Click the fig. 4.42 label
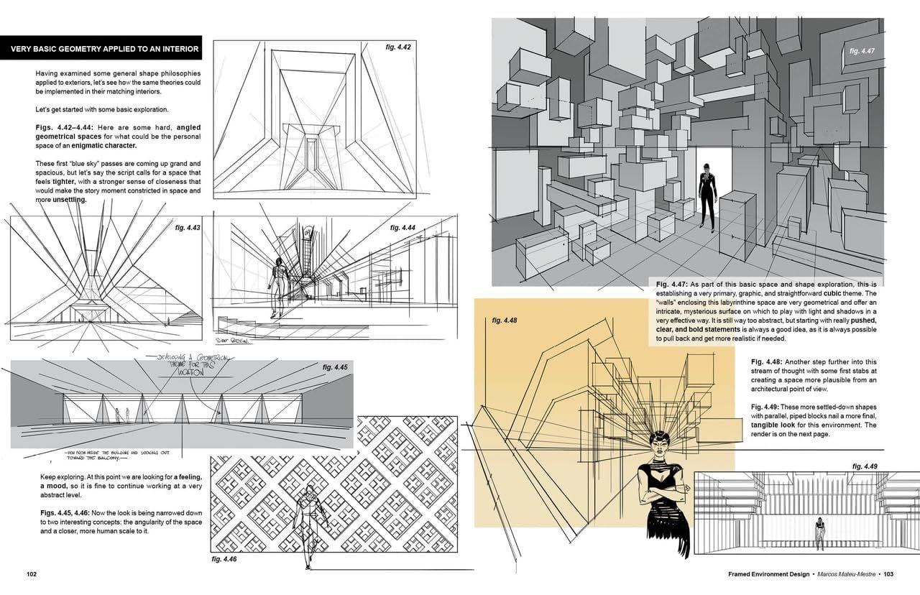(x=398, y=47)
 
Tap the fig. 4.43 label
(x=188, y=228)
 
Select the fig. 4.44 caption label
(x=402, y=228)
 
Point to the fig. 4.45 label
(x=335, y=367)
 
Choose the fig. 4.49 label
(x=865, y=466)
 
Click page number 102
(x=32, y=574)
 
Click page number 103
(x=888, y=574)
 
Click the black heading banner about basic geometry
(x=101, y=48)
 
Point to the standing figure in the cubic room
(x=707, y=194)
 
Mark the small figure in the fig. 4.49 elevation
(x=819, y=534)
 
